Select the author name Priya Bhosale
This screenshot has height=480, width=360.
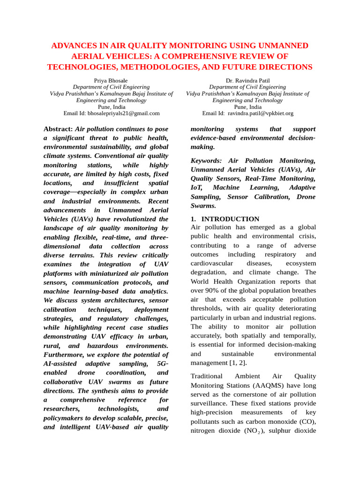click(111, 81)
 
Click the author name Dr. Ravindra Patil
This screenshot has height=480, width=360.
click(247, 81)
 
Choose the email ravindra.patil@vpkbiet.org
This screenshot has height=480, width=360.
click(260, 113)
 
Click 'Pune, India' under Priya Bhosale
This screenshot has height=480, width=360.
click(111, 107)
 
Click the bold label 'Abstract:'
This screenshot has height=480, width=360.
click(58, 129)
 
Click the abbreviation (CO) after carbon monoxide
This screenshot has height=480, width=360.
click(307, 421)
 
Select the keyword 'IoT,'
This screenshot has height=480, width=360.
click(197, 187)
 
